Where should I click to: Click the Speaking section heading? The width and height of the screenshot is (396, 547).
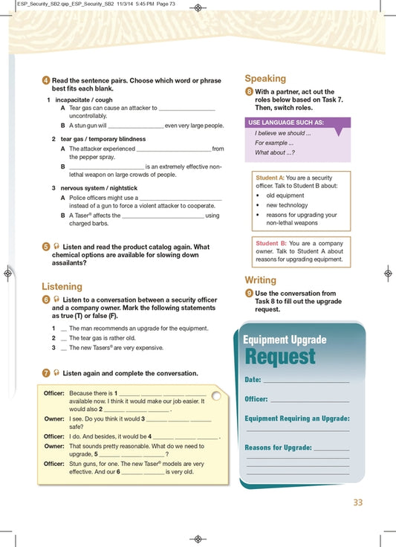tap(265, 78)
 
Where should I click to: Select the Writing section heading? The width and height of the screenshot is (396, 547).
tap(261, 280)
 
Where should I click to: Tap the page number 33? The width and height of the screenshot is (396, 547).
tap(358, 502)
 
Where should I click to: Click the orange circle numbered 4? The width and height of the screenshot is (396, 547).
tap(46, 80)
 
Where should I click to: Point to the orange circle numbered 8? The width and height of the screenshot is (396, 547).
tap(249, 91)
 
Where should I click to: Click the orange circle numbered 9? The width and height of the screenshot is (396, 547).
tap(249, 294)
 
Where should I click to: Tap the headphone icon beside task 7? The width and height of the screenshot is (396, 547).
tap(56, 373)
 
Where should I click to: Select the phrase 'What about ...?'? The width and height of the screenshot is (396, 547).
tap(274, 152)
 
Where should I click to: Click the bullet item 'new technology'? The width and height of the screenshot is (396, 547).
tap(287, 205)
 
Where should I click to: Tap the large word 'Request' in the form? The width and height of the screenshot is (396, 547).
tap(280, 357)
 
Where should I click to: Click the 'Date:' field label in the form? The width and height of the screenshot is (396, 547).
tap(253, 380)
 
